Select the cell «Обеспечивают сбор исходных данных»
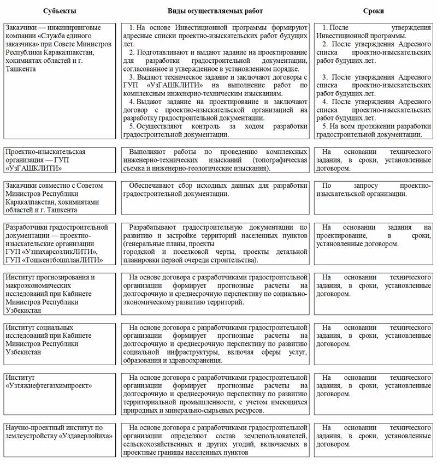click(x=215, y=189)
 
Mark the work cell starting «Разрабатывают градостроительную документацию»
click(x=215, y=243)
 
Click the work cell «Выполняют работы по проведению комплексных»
click(x=215, y=160)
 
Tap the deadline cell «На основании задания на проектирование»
click(x=373, y=235)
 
